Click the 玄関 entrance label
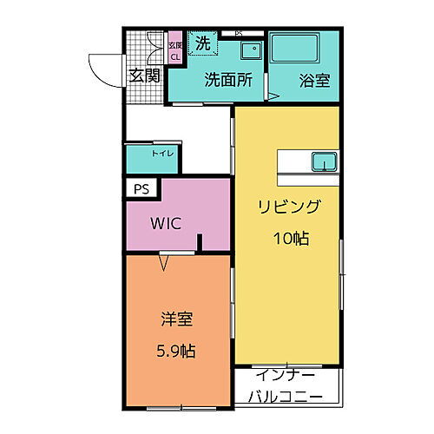(145, 76)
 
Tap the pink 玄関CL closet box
(174, 51)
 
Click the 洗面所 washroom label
(227, 80)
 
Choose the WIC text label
(165, 223)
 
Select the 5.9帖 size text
(176, 352)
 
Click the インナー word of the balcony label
(286, 375)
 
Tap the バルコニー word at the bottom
(286, 397)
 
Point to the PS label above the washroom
(238, 33)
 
